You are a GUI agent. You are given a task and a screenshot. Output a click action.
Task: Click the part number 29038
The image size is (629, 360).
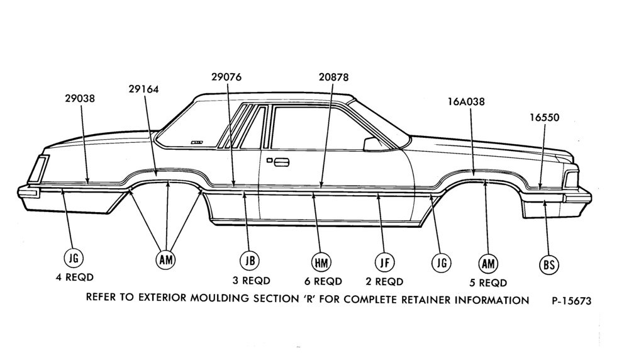[x=80, y=98]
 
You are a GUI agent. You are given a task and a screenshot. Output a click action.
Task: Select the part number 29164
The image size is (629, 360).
[x=143, y=89]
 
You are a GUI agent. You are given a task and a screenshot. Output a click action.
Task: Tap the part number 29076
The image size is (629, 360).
[x=226, y=77]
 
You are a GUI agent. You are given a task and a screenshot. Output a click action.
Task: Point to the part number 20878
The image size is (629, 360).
[x=334, y=77]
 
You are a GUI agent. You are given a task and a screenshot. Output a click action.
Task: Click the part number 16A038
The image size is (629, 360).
[x=466, y=101]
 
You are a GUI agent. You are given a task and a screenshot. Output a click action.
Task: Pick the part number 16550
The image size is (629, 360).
[x=544, y=117]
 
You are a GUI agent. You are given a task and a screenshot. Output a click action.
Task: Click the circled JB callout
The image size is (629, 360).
[x=250, y=261]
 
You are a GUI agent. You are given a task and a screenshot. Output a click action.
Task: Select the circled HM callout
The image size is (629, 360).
[x=321, y=262]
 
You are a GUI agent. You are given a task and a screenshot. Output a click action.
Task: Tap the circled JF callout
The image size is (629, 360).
[x=385, y=262]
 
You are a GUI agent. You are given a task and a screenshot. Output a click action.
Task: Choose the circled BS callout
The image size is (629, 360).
[x=548, y=264]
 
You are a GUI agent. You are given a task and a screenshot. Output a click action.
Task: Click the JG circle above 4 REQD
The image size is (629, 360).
[x=74, y=257]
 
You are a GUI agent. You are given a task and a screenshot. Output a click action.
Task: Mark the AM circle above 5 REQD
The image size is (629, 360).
[x=488, y=264]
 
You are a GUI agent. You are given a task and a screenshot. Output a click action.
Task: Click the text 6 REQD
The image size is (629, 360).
[x=323, y=281]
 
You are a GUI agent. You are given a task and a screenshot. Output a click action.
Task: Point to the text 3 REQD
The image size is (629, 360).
[x=252, y=280]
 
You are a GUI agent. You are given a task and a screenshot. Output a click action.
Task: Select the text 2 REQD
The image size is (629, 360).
[x=384, y=281]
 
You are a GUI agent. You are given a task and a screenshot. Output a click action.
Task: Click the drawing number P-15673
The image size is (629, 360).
[x=572, y=301]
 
